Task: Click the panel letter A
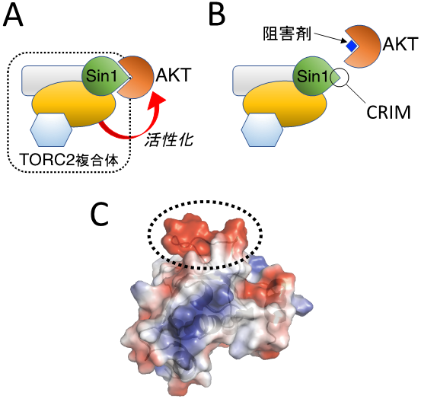[x=13, y=15]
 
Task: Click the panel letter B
[x=217, y=15]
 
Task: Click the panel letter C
[x=100, y=214]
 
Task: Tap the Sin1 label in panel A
[x=102, y=75]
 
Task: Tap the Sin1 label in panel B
[x=313, y=75]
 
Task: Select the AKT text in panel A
[x=174, y=75]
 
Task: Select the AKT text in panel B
[x=400, y=44]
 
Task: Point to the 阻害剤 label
[x=287, y=33]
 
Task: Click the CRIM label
[x=388, y=113]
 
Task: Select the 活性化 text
[x=169, y=140]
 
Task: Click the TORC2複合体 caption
[x=69, y=160]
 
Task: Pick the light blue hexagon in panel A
[x=51, y=129]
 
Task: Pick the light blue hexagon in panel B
[x=263, y=129]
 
